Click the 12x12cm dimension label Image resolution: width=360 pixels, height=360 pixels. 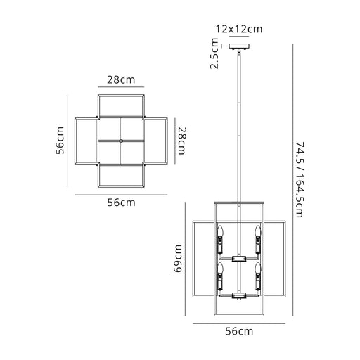(238, 30)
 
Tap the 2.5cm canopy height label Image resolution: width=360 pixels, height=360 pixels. (214, 53)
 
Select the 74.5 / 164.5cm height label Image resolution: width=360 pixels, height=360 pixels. (300, 180)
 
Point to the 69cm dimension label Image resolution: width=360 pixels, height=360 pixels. (178, 259)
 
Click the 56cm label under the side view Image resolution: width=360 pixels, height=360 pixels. (239, 331)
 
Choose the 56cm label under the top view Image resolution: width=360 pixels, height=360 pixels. (122, 202)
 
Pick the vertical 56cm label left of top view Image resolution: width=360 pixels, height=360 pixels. (60, 141)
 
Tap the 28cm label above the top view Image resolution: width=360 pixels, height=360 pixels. (121, 80)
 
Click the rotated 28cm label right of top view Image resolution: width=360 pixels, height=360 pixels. (182, 141)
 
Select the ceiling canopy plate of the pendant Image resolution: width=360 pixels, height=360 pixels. (239, 46)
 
